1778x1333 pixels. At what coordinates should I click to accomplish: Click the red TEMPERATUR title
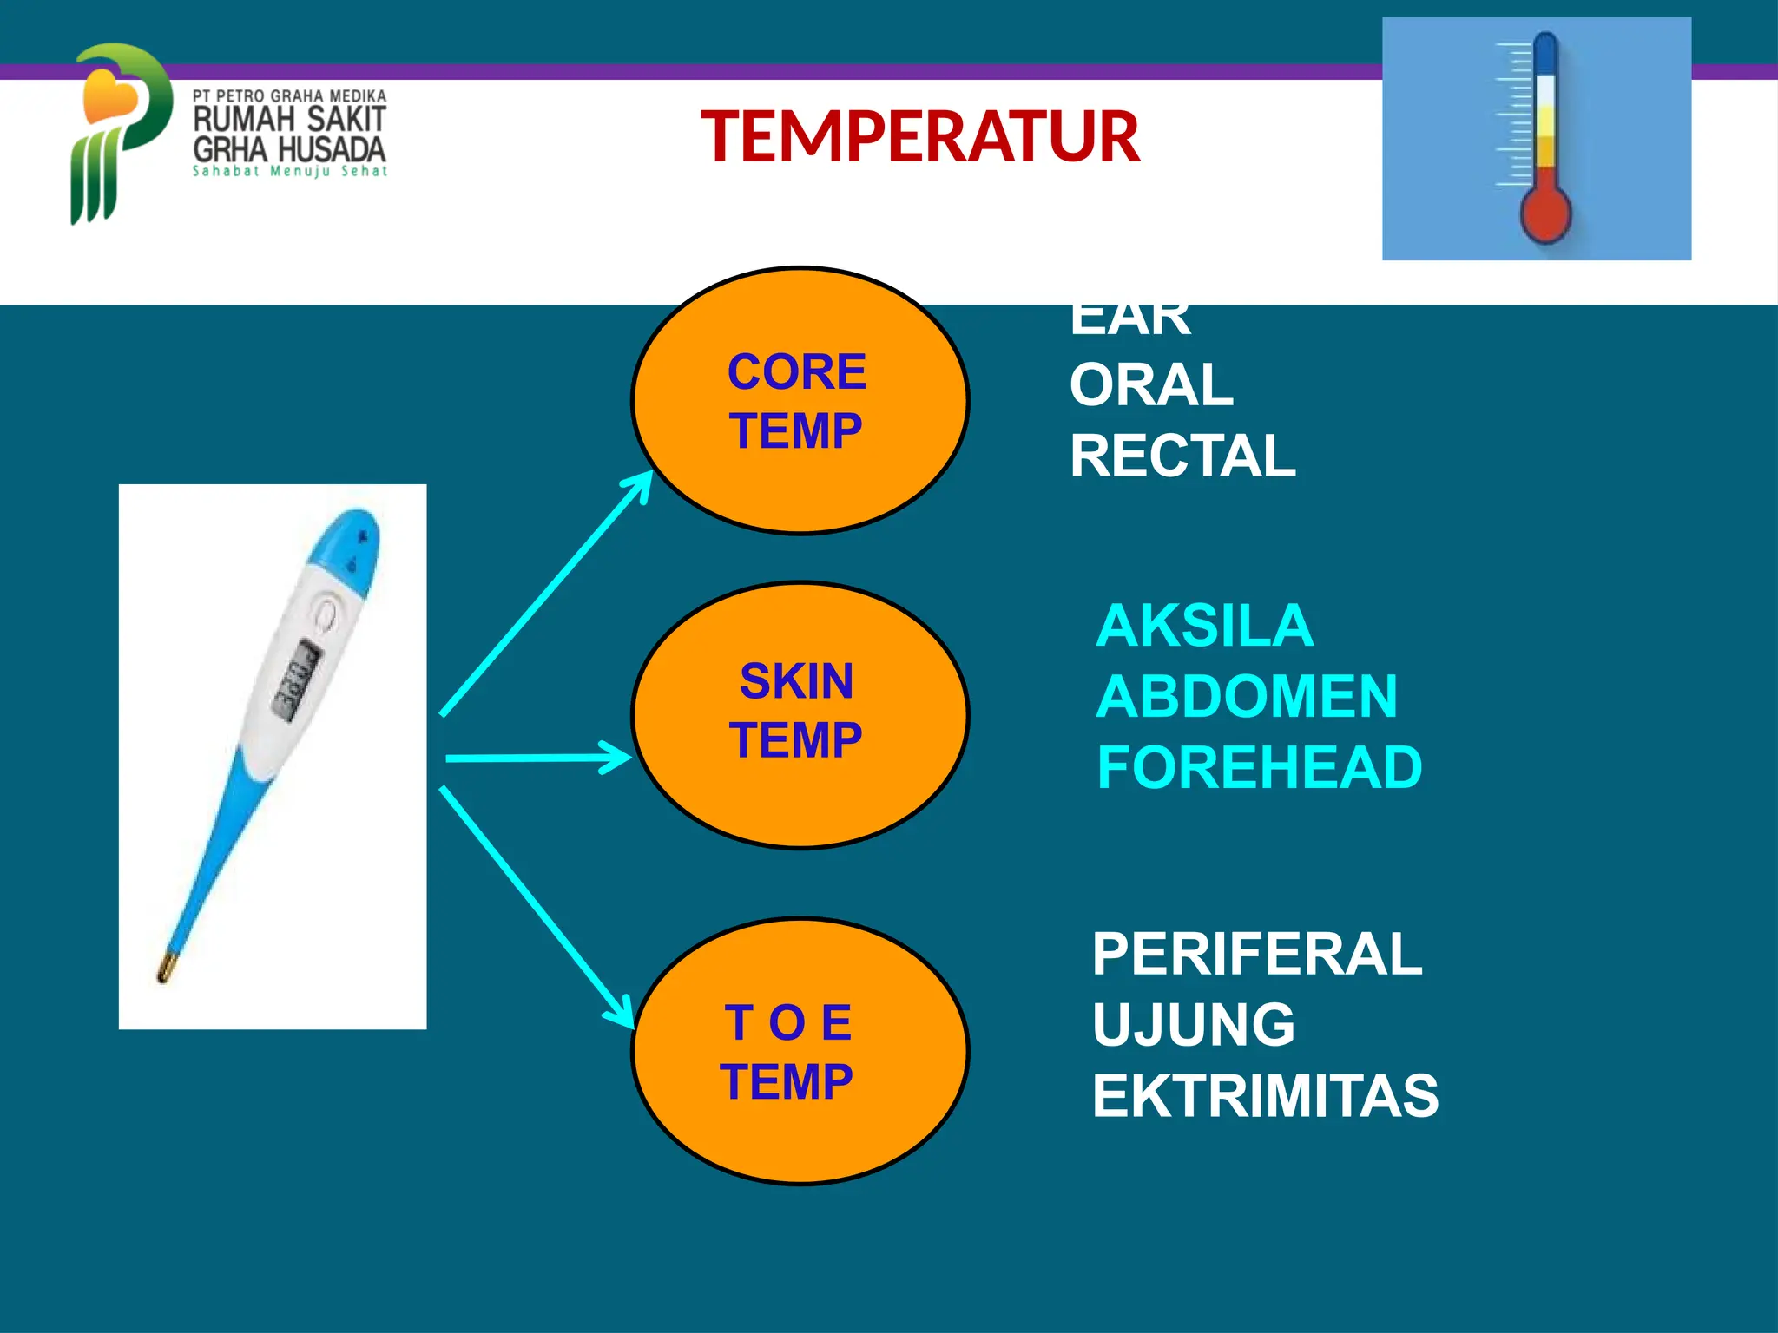920,137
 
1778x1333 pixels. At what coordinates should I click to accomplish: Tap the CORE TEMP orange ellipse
800,400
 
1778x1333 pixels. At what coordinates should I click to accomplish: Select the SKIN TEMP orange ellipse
800,714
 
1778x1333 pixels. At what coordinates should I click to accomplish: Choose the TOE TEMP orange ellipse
800,1051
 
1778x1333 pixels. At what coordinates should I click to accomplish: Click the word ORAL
1151,385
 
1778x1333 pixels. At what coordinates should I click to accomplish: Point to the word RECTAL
1182,456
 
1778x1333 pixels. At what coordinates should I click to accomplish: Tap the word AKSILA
1204,626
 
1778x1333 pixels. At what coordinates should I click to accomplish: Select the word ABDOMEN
1247,697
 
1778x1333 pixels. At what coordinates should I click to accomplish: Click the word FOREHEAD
1259,768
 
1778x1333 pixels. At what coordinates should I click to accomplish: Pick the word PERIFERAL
1257,954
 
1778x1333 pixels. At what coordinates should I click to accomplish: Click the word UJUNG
1194,1025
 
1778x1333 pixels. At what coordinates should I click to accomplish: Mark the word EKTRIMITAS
1265,1096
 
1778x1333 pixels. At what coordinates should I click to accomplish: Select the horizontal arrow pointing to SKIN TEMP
538,758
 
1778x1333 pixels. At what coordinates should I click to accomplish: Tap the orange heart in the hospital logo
109,95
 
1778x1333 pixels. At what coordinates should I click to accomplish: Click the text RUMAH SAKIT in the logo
289,119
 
